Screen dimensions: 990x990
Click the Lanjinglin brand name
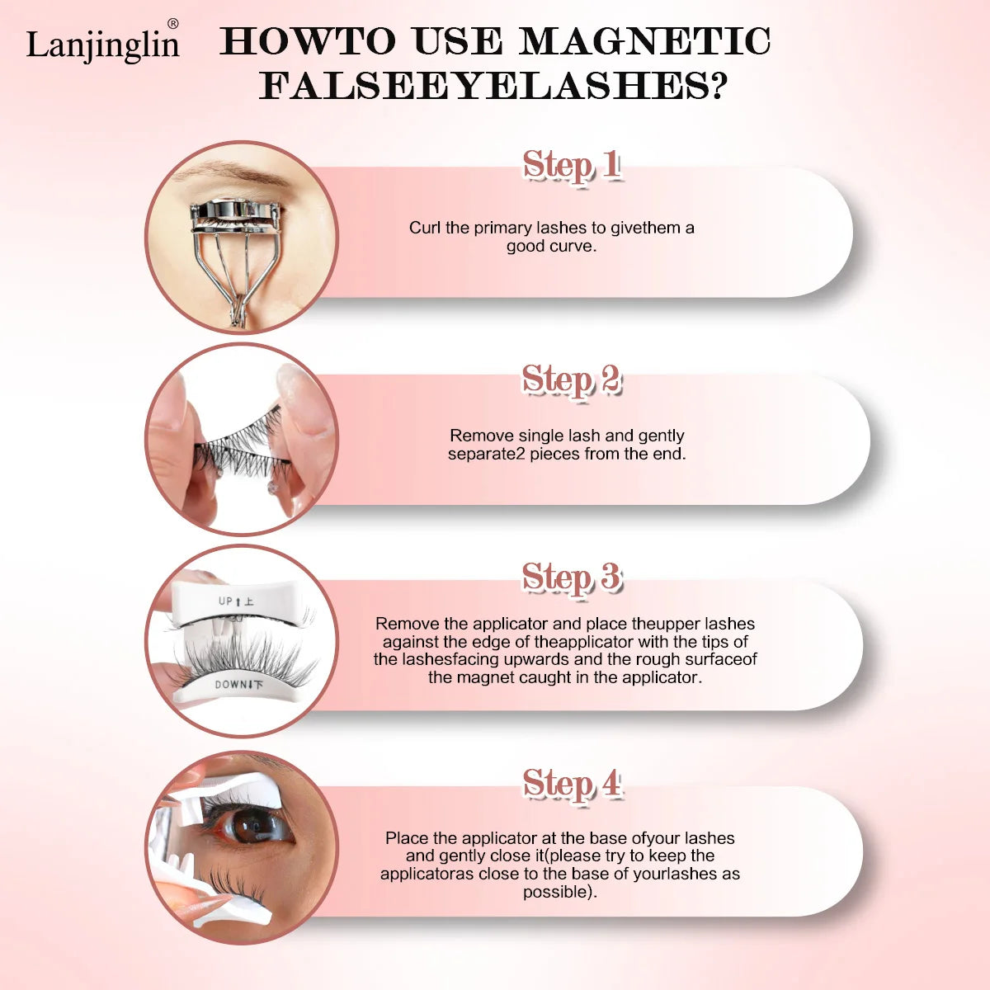click(x=103, y=45)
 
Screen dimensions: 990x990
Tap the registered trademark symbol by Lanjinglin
click(x=173, y=24)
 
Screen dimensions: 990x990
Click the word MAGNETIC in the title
click(x=644, y=41)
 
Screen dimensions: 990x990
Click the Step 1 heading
click(x=571, y=166)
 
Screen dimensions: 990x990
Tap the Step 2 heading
click(x=572, y=380)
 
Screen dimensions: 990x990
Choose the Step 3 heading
click(x=572, y=577)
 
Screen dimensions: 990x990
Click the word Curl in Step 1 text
click(x=424, y=228)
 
